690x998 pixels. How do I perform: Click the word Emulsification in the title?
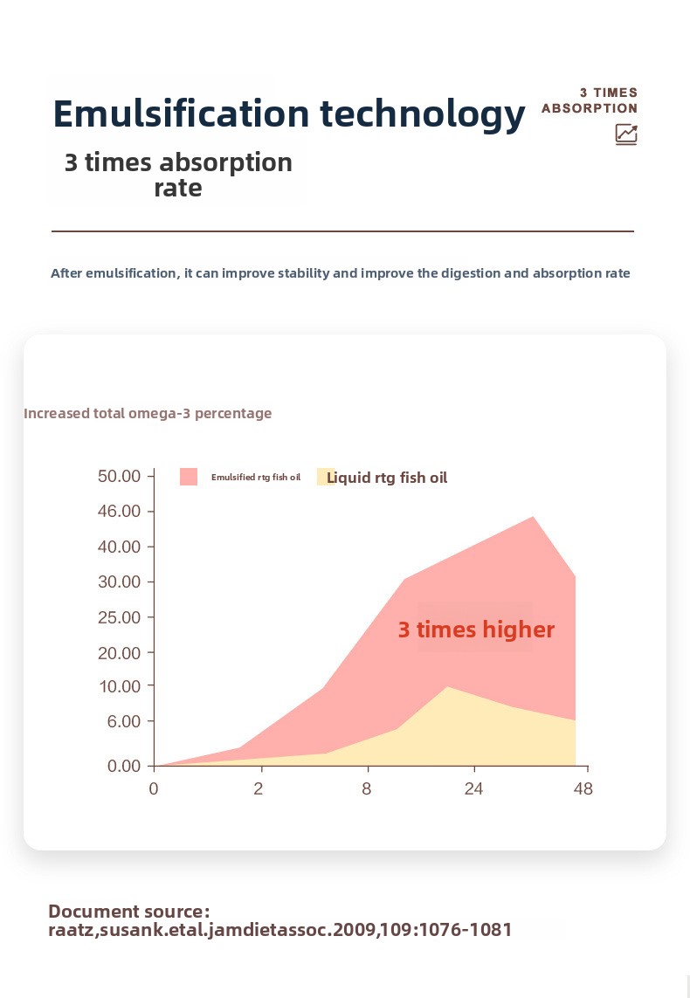tap(182, 114)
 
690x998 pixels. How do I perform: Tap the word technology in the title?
tap(423, 115)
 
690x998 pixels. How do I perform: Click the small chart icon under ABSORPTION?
tap(626, 134)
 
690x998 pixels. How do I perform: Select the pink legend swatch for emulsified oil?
tap(189, 477)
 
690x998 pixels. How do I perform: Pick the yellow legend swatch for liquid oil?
tap(325, 477)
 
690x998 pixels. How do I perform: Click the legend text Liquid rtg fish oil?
tap(387, 478)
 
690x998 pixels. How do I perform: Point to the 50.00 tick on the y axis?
tap(119, 476)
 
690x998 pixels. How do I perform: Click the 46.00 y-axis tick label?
tap(119, 511)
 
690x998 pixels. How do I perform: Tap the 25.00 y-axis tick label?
tap(119, 617)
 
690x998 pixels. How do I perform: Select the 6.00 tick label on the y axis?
tap(123, 721)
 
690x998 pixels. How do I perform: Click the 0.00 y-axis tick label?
tap(123, 766)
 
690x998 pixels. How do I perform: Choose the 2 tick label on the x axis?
tap(258, 788)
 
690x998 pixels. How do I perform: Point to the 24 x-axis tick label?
tap(473, 788)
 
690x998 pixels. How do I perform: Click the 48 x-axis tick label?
tap(583, 788)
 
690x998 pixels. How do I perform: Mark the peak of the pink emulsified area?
tap(534, 516)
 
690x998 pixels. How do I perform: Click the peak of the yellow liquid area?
tap(447, 687)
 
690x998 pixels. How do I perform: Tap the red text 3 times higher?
tap(476, 630)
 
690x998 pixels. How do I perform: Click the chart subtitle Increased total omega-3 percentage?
tap(148, 414)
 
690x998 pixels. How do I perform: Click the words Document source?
tap(128, 912)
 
